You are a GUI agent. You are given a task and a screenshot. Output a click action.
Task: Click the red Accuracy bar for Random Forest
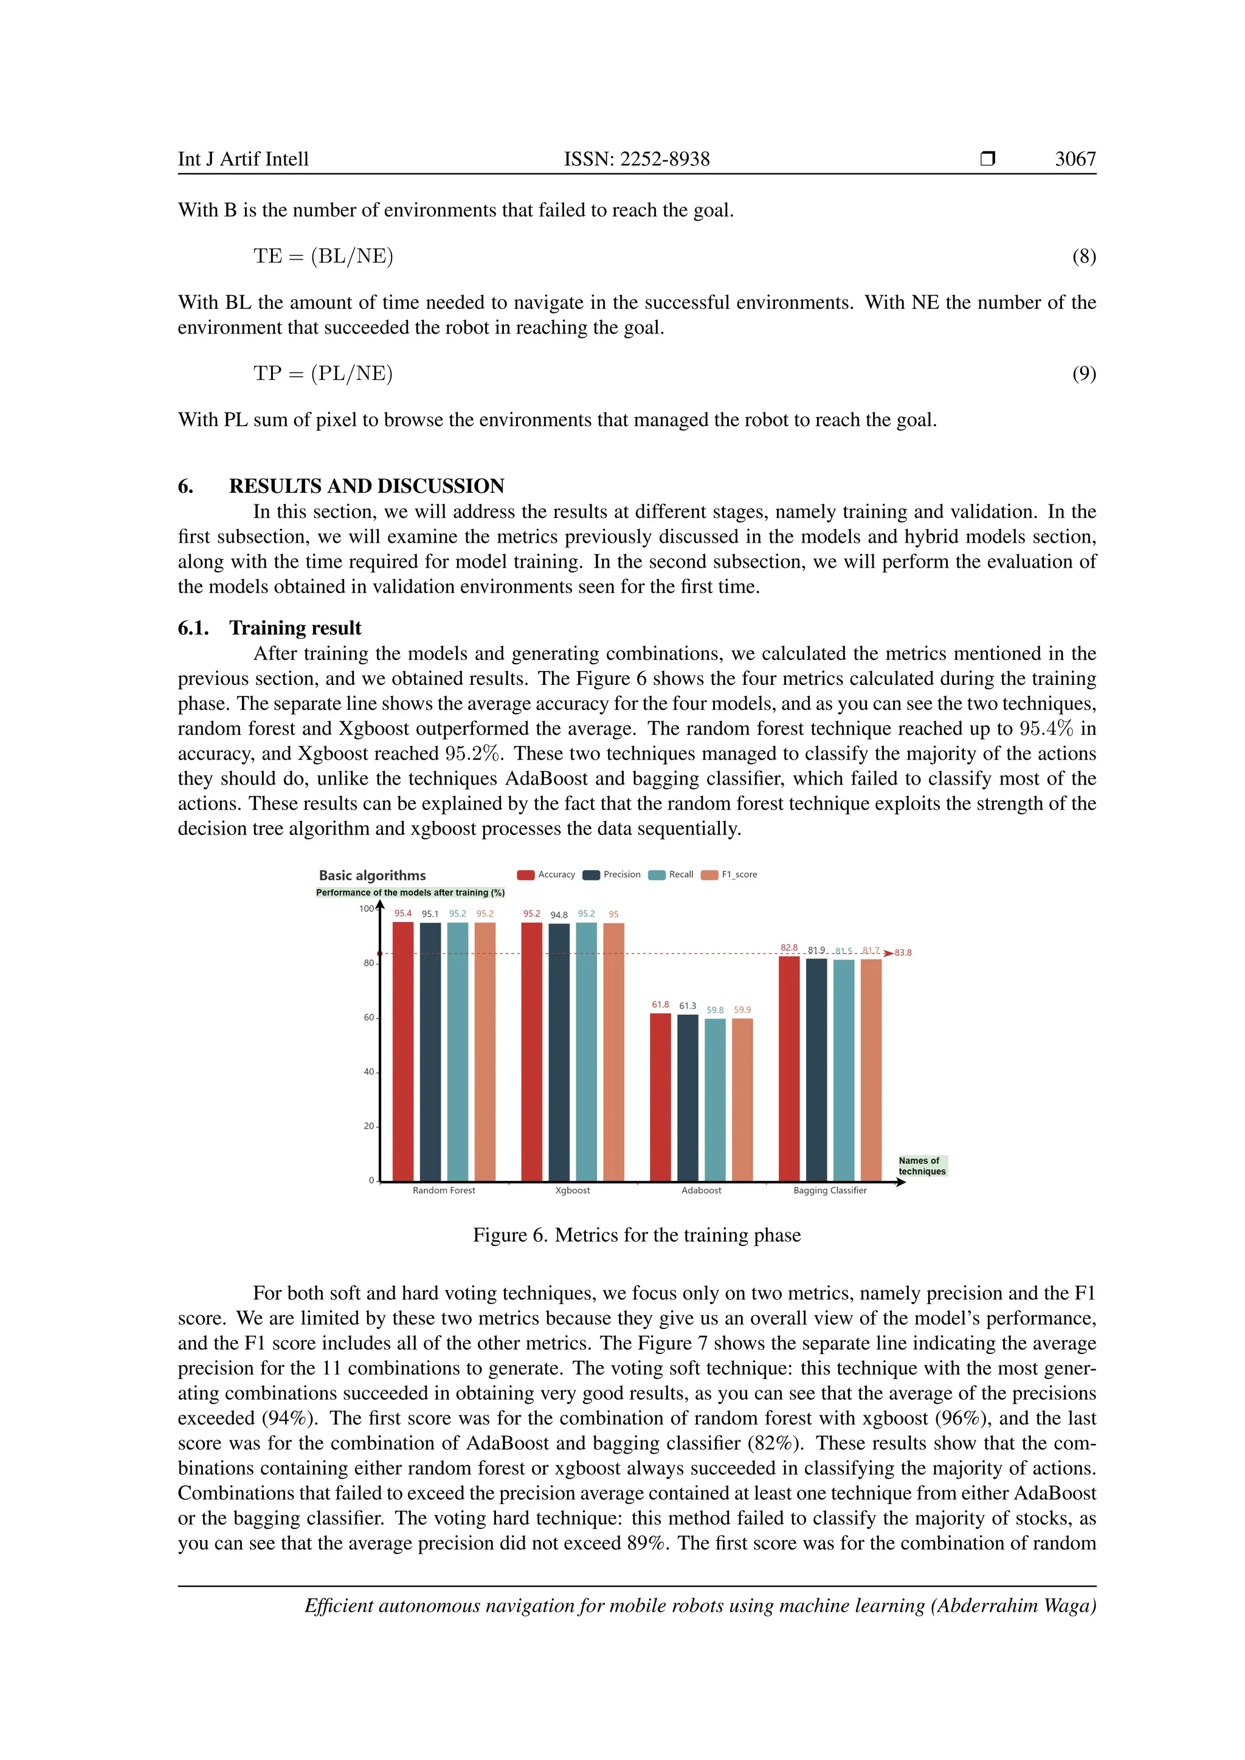(402, 1050)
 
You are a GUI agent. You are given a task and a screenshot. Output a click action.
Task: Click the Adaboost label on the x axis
(701, 1191)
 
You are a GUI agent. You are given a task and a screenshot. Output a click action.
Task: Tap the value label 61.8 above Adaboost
(660, 1004)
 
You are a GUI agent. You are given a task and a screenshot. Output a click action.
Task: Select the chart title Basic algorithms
(372, 875)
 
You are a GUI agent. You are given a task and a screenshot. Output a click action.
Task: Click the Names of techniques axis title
(922, 1166)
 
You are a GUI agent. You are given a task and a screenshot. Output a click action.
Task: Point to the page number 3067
(1075, 159)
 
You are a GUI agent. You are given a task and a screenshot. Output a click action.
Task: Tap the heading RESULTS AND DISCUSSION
(367, 486)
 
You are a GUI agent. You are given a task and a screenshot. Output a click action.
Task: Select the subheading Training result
(295, 628)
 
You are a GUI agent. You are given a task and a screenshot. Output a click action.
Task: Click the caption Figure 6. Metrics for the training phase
(636, 1235)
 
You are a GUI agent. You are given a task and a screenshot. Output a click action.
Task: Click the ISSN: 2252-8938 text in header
(636, 159)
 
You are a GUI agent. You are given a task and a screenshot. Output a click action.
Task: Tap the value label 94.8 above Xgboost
(559, 915)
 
